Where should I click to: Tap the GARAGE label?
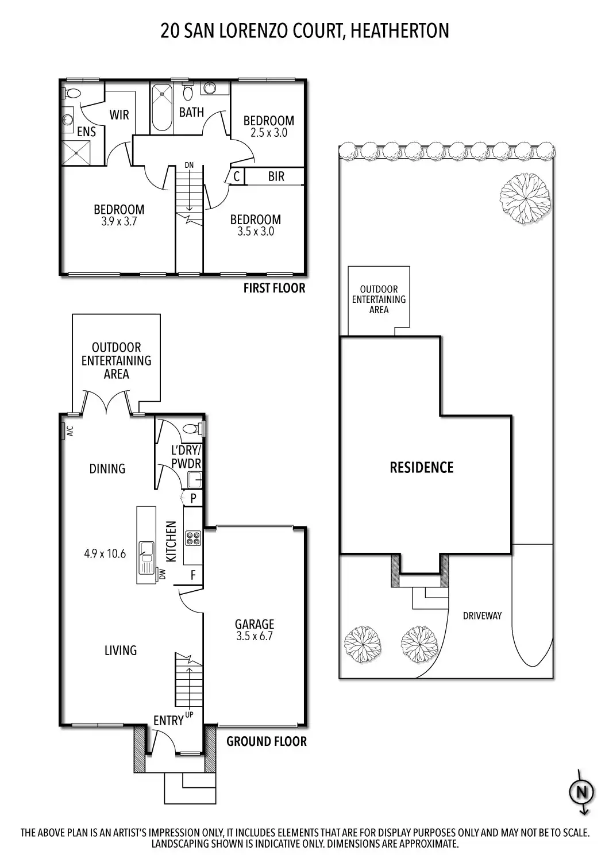(255, 624)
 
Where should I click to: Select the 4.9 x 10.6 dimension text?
(105, 554)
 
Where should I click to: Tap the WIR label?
(120, 115)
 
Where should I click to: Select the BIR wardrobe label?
(276, 176)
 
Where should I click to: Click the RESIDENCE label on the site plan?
(422, 468)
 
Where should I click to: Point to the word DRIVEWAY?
(482, 616)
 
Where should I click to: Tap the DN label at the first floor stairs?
(189, 166)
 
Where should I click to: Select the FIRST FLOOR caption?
(274, 288)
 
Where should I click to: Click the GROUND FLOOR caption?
(266, 741)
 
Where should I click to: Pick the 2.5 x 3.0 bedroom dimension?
(268, 133)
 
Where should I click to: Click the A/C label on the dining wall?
(70, 430)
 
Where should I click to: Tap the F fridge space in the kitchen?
(193, 575)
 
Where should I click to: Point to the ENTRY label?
(168, 721)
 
